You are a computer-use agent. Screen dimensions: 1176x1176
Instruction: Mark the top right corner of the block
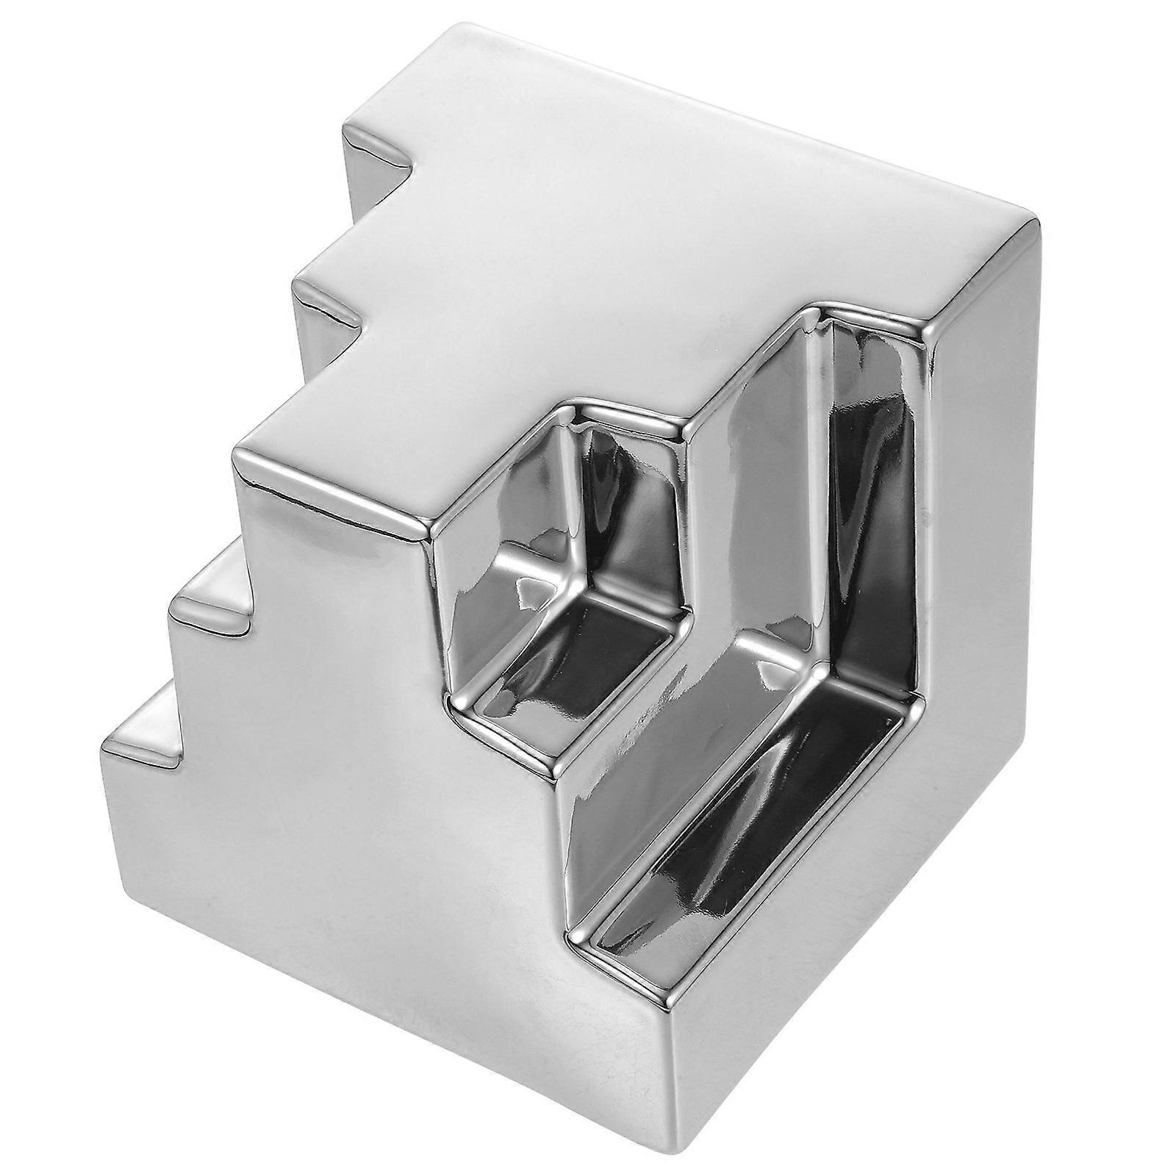(1033, 220)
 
